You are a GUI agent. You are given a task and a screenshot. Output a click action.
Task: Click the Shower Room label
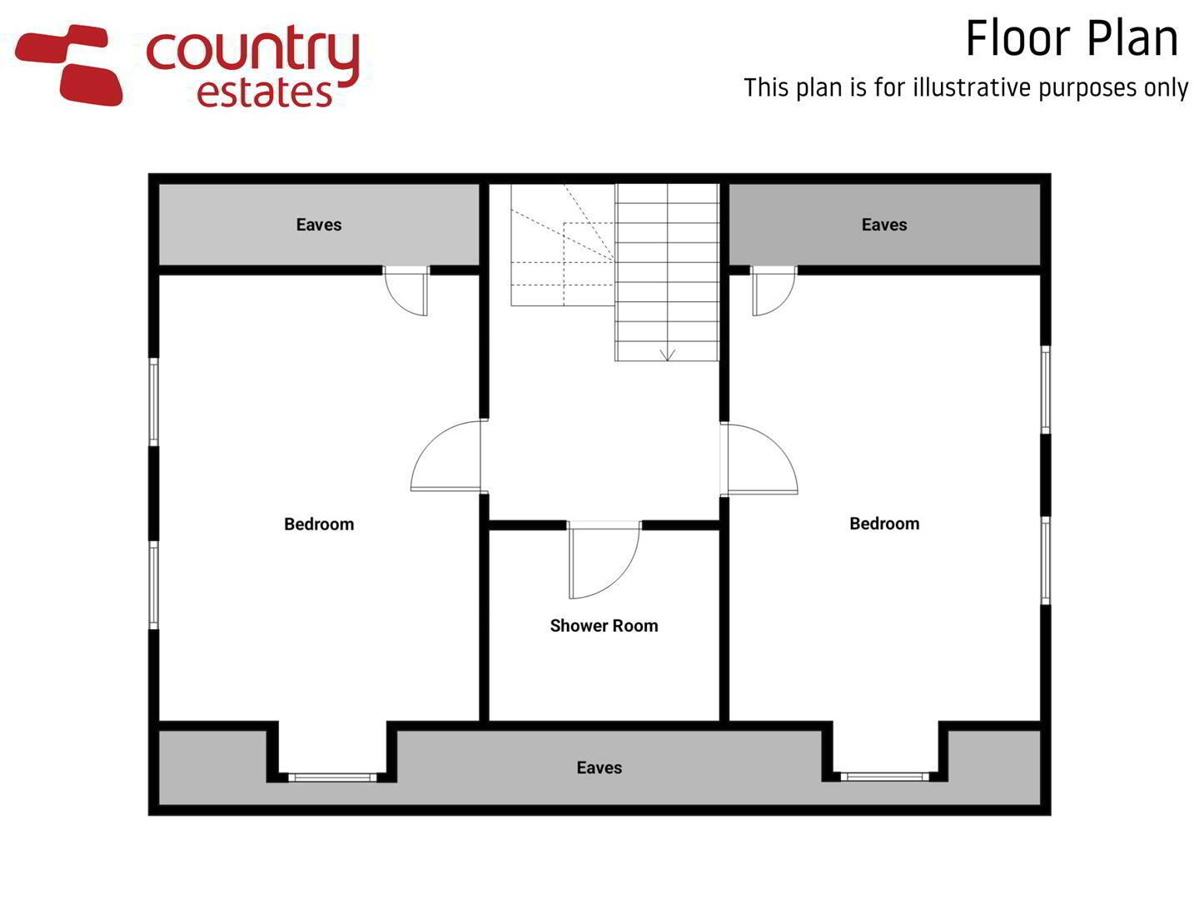(x=604, y=625)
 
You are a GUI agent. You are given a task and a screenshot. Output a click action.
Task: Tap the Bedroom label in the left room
(x=319, y=524)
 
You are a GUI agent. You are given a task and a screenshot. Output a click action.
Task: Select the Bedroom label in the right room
(x=884, y=524)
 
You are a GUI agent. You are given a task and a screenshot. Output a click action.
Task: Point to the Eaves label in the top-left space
(x=319, y=225)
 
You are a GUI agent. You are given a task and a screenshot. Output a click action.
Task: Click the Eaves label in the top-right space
(x=884, y=225)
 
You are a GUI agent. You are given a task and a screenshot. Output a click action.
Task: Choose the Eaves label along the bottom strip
(x=599, y=767)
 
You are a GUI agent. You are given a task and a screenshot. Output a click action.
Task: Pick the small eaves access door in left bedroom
(x=405, y=291)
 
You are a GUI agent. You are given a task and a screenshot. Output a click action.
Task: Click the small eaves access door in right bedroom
(x=774, y=291)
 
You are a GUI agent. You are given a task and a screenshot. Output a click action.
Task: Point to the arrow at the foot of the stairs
(x=667, y=355)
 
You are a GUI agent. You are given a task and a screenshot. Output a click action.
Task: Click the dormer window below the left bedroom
(x=332, y=777)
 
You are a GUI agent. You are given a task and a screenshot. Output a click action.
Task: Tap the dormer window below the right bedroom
(x=884, y=776)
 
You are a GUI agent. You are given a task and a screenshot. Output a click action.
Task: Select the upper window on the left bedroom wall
(x=154, y=402)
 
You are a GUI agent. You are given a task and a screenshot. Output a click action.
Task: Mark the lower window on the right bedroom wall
(x=1045, y=560)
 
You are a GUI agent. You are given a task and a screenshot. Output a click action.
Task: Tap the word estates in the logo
(x=265, y=93)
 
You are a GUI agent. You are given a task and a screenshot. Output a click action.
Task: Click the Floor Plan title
(x=1071, y=38)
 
